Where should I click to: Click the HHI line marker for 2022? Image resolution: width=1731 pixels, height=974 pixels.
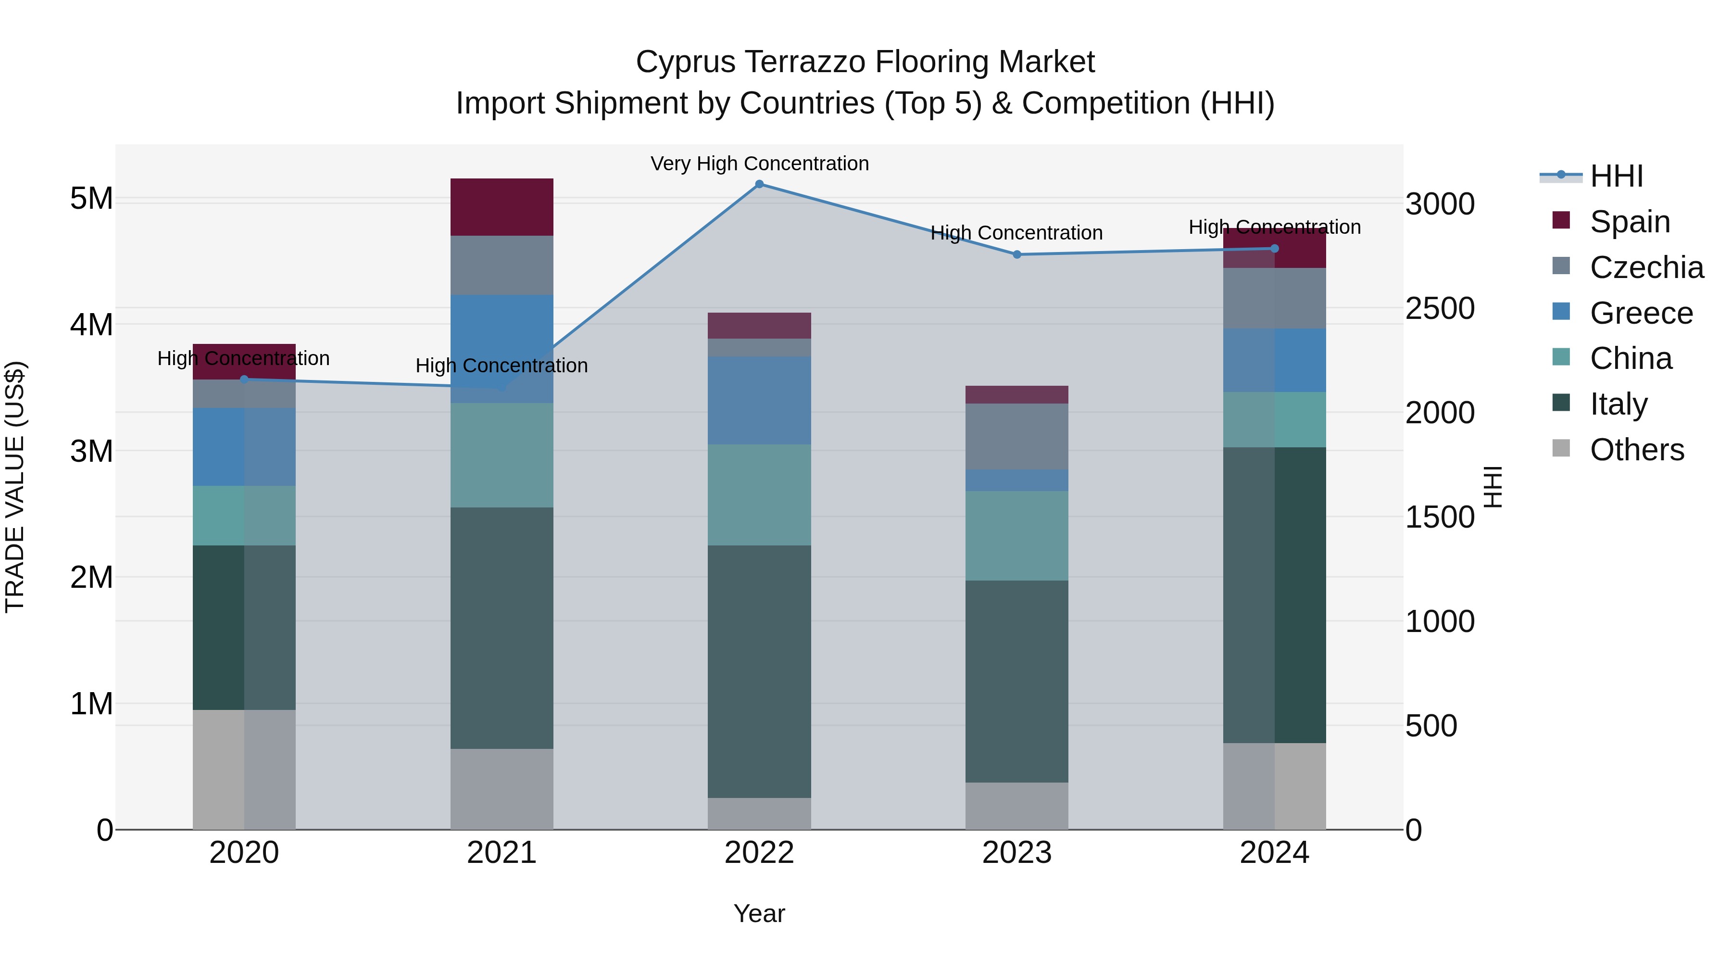pos(759,184)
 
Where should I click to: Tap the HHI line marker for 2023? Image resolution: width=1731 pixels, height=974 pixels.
pos(1016,255)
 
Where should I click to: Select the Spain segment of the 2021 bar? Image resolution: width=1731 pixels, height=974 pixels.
pos(502,207)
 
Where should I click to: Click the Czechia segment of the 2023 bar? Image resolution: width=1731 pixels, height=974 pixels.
pos(1016,436)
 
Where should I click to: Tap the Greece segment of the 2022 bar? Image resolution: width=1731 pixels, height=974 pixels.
pos(759,400)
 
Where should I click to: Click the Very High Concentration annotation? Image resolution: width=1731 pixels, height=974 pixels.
pos(759,164)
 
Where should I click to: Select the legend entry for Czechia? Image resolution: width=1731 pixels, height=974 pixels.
pos(1646,267)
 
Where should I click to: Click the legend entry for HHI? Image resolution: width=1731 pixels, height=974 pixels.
pos(1616,176)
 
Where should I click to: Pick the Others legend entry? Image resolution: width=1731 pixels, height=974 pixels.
pos(1636,450)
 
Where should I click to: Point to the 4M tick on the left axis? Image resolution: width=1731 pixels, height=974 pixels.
pos(91,325)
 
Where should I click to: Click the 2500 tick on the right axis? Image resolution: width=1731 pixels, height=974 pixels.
pos(1439,308)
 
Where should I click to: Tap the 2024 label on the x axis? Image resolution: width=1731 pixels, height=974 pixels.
pos(1274,853)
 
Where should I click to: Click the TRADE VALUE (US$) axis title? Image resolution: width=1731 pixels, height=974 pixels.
pos(15,487)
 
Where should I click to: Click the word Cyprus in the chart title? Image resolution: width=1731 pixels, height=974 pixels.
pos(685,63)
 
